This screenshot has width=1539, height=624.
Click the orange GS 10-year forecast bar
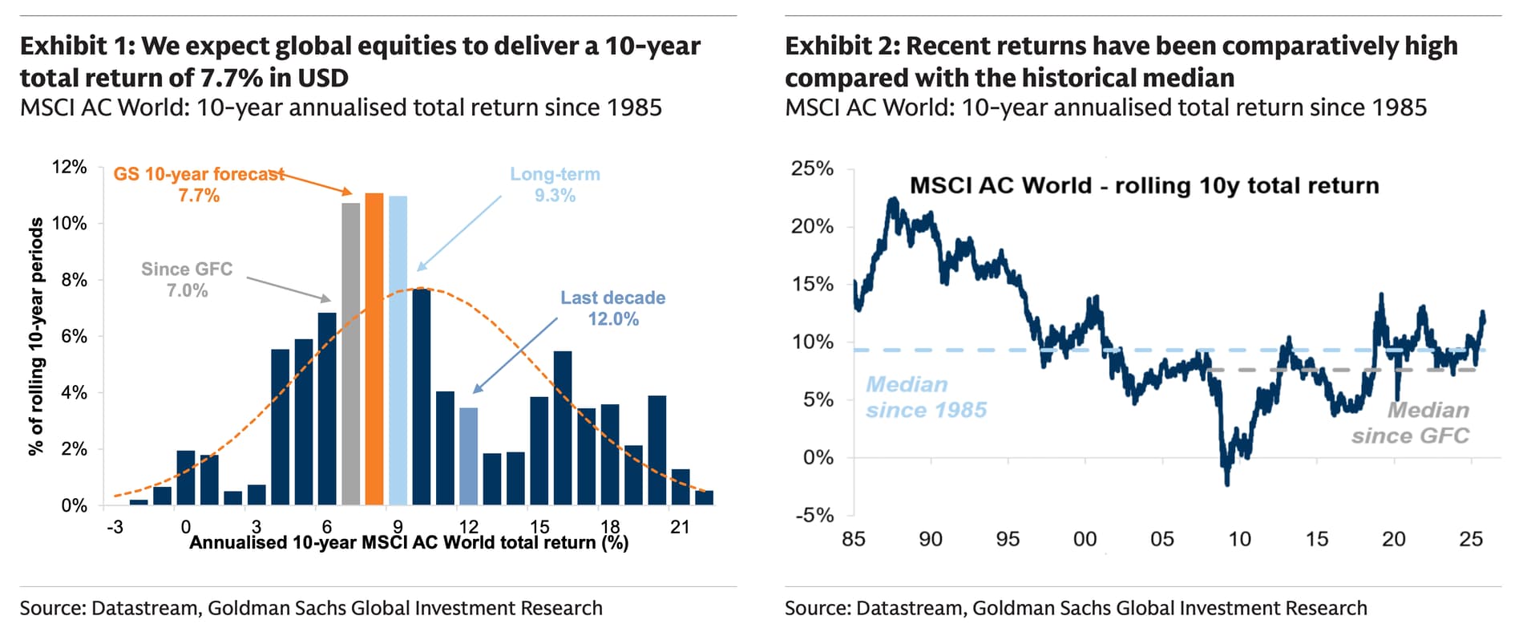pos(374,349)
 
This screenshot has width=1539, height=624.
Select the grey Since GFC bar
pos(350,354)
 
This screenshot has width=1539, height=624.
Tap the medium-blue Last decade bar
pos(468,456)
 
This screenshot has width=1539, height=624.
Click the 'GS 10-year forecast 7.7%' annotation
pos(199,184)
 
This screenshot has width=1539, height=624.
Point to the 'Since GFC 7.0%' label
pos(187,280)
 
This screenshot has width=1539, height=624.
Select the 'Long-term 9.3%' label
pos(555,184)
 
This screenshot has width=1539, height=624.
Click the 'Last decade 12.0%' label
pos(612,308)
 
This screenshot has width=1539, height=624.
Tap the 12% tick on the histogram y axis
pos(69,167)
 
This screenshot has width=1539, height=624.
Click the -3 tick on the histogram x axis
pos(115,527)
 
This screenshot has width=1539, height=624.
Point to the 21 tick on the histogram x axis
pos(680,527)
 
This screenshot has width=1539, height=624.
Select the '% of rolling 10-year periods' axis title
pos(36,337)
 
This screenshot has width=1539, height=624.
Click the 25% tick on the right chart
pos(812,168)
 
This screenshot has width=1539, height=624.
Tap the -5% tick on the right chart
pos(814,515)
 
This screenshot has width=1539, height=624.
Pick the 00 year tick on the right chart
pos(1085,539)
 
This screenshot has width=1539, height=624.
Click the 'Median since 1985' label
pos(926,397)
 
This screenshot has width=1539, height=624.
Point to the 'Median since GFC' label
pos(1411,423)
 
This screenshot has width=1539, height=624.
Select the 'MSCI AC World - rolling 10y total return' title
pos(1144,186)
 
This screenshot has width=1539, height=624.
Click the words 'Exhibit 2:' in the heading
pos(842,47)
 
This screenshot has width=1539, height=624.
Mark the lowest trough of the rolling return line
pos(1227,484)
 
